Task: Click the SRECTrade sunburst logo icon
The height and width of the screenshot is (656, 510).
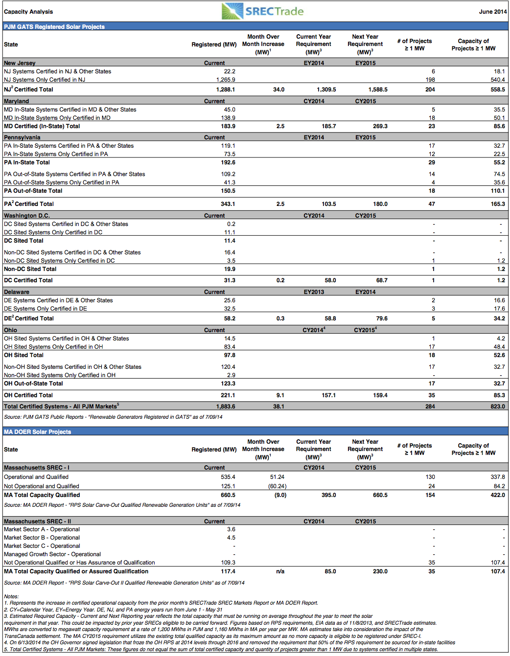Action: (x=232, y=11)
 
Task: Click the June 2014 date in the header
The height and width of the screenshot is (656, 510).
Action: (x=493, y=12)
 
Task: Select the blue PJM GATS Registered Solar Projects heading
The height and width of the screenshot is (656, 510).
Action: (x=54, y=26)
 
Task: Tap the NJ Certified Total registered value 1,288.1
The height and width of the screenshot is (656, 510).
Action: (x=226, y=90)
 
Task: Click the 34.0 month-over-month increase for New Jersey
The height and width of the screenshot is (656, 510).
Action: (x=278, y=90)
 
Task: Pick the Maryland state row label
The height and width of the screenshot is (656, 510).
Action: (x=16, y=101)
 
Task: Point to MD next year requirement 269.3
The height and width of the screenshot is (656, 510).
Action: (x=380, y=126)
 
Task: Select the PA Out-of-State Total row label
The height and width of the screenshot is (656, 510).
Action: (x=33, y=191)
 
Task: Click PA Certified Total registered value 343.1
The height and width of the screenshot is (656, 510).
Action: (x=228, y=204)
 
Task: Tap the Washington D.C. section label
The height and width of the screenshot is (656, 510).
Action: (x=27, y=216)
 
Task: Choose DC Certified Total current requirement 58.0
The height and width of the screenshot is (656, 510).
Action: (x=330, y=280)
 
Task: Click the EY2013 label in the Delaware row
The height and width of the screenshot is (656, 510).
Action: (x=314, y=292)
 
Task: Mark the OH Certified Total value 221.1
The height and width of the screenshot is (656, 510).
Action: (x=228, y=395)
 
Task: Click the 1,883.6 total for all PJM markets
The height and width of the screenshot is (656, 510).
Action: (x=226, y=407)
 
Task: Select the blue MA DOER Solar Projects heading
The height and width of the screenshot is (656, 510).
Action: (x=37, y=431)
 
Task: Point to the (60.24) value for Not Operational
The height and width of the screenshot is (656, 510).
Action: (x=277, y=486)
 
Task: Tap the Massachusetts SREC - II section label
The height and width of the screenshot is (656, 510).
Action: (x=37, y=521)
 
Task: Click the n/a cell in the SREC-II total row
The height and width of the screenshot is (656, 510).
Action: (x=280, y=571)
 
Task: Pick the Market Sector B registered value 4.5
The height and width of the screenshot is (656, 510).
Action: (x=232, y=538)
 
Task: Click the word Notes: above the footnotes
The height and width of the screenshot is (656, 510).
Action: (x=11, y=596)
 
